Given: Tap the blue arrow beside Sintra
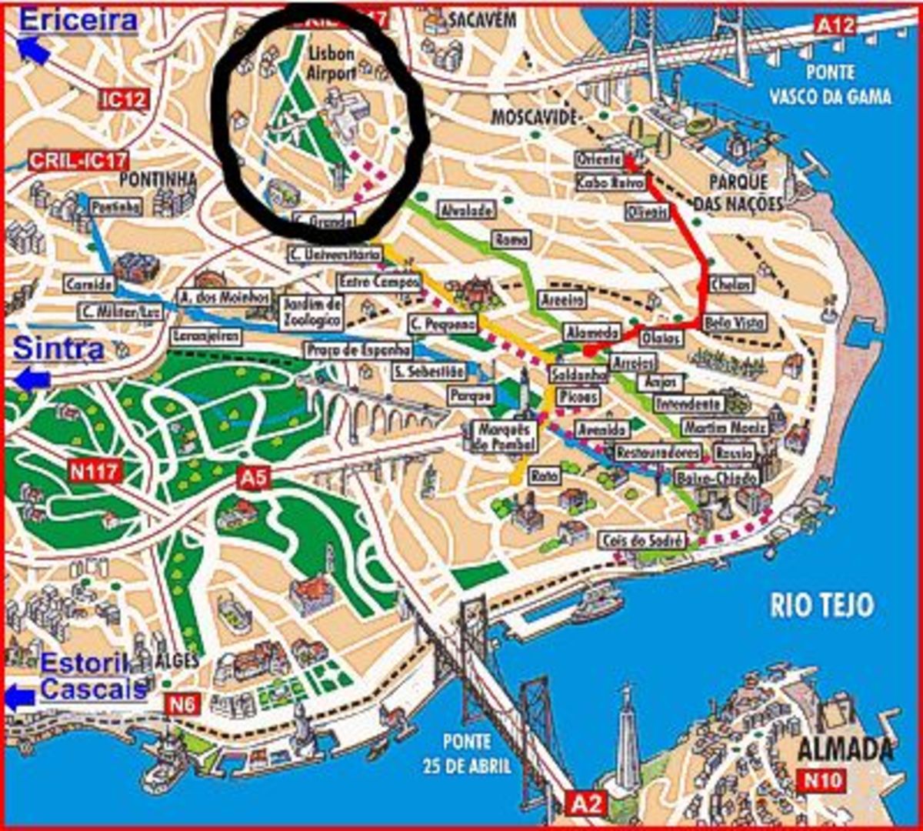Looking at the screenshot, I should [x=32, y=379].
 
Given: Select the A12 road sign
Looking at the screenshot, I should [x=835, y=25].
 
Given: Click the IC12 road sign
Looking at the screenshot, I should [x=123, y=98].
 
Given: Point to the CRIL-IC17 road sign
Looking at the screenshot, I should [x=78, y=161].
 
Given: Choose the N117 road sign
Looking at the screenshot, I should [x=95, y=470].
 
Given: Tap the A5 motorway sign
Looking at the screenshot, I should [x=255, y=478].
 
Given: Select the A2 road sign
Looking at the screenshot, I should [x=587, y=804].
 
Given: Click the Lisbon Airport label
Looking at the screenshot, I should [x=332, y=63].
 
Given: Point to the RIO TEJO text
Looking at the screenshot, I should [x=821, y=606].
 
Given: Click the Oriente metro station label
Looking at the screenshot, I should [x=598, y=159].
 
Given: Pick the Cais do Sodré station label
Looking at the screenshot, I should [x=643, y=541].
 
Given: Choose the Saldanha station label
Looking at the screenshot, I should [x=578, y=375].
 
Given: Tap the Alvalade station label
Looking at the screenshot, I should [x=464, y=209].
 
